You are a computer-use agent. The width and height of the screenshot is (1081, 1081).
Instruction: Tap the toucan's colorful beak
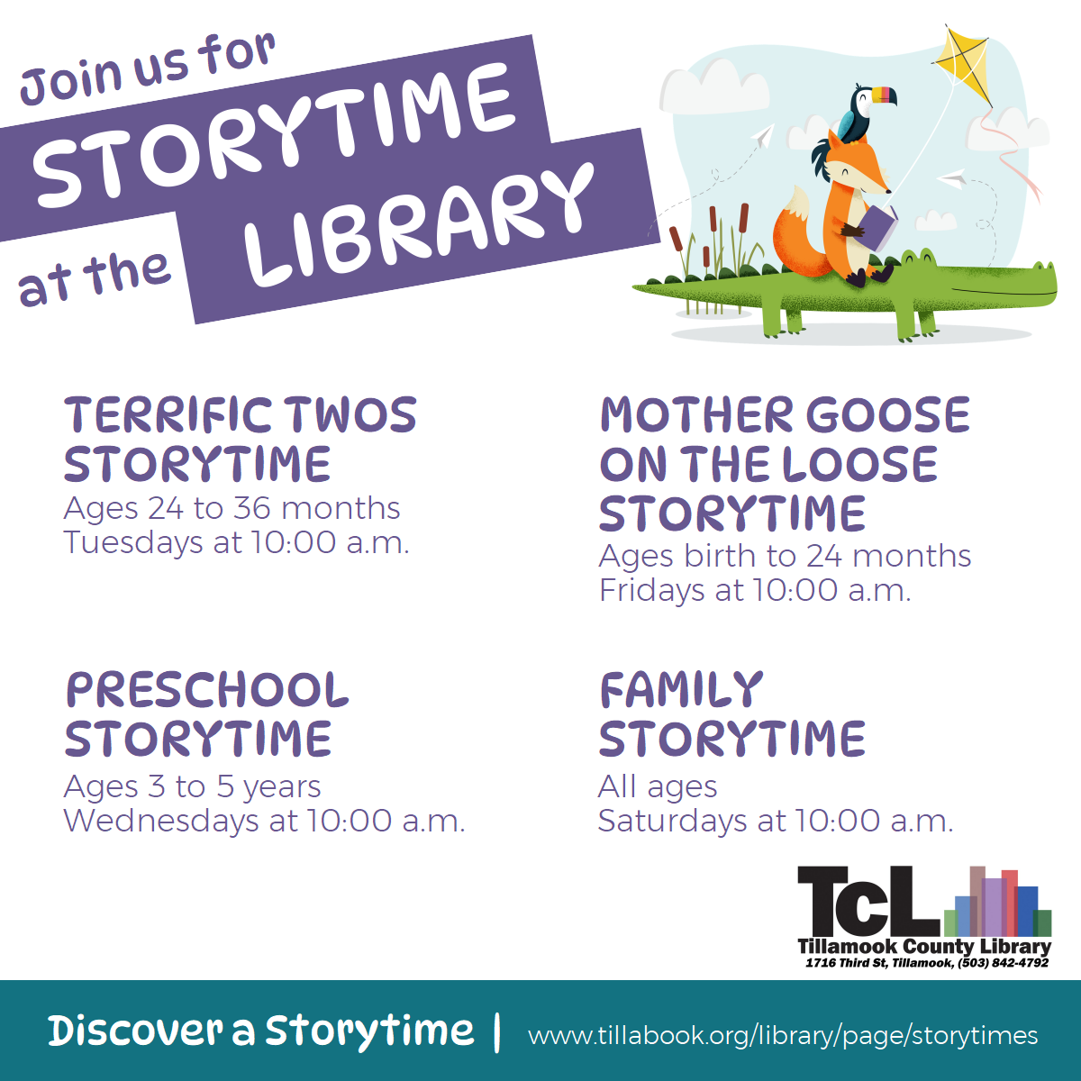(x=883, y=95)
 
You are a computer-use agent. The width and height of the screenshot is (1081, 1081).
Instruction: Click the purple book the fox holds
(x=878, y=227)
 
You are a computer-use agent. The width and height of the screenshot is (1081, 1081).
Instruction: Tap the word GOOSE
(x=888, y=415)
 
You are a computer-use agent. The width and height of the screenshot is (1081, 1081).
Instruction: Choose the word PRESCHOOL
(x=207, y=689)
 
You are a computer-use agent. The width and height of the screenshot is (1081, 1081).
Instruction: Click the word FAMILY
(x=681, y=689)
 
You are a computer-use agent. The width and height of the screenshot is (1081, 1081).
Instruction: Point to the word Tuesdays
(x=133, y=543)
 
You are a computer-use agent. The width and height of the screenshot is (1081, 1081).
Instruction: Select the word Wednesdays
(x=161, y=821)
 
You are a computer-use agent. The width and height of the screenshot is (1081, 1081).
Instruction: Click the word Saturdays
(x=673, y=821)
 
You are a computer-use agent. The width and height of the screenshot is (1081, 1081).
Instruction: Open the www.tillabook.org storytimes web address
(x=783, y=1035)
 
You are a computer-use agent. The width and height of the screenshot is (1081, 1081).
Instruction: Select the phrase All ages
(x=658, y=786)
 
